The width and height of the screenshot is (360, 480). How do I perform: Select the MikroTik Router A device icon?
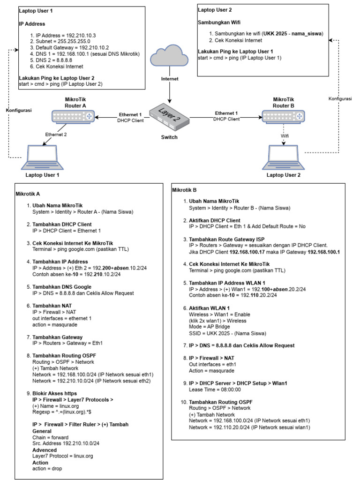click(x=73, y=115)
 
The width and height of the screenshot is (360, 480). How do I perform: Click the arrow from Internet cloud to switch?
click(x=169, y=91)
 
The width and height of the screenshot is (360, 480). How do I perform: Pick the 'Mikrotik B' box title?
click(x=185, y=190)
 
